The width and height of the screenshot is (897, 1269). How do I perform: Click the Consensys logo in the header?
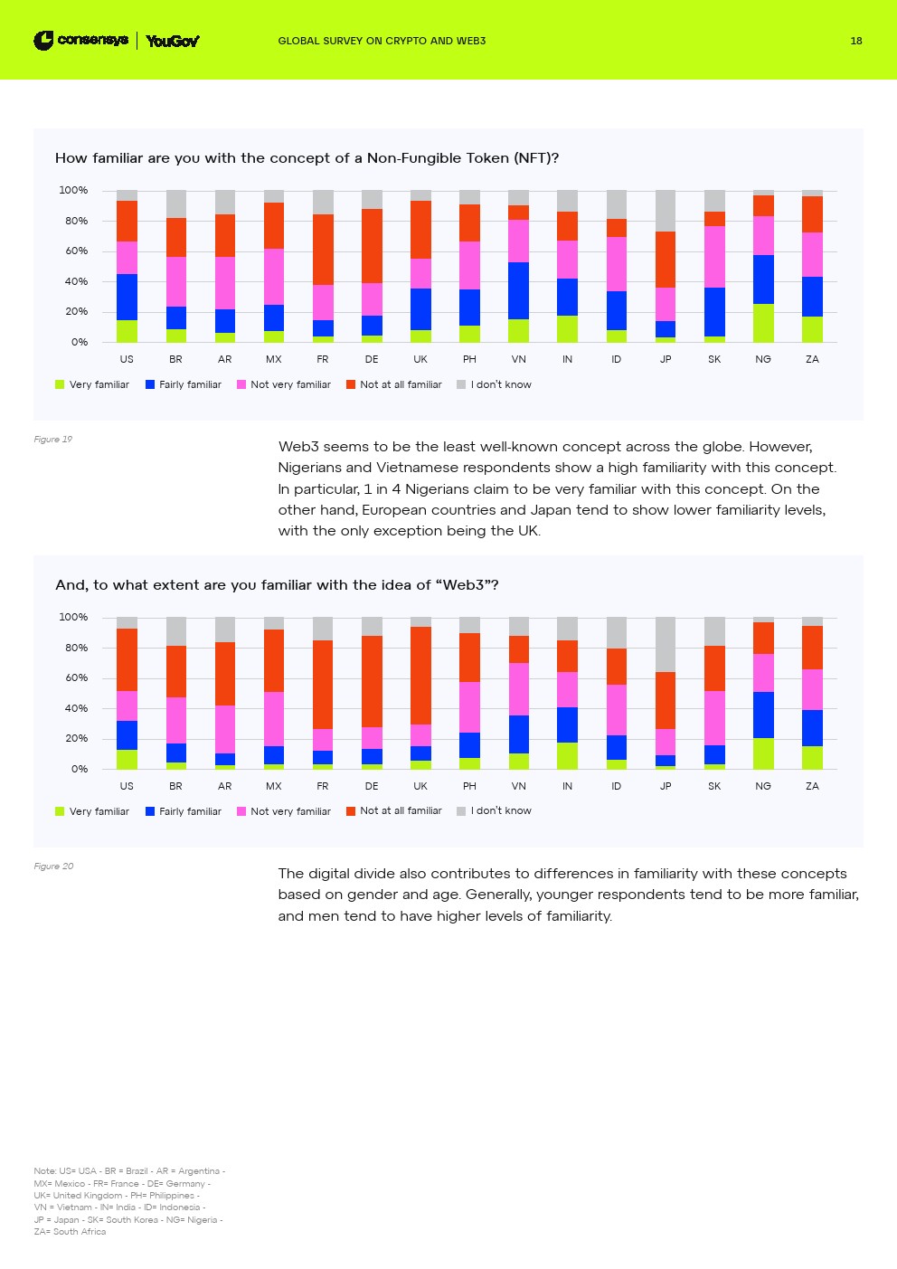coord(80,41)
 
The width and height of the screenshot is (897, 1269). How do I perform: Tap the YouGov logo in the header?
coord(172,41)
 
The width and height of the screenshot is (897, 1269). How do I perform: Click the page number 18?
coord(855,41)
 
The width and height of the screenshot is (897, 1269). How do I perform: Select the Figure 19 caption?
coord(52,440)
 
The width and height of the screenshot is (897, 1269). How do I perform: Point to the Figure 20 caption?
coord(53,867)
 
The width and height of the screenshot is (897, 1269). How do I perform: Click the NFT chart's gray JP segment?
coord(666,210)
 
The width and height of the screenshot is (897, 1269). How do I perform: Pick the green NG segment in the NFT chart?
coord(763,323)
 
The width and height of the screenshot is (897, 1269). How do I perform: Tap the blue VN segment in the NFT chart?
coord(518,290)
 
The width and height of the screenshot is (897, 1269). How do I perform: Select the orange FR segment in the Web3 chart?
coord(323,685)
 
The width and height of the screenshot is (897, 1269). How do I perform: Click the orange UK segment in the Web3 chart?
coord(420,676)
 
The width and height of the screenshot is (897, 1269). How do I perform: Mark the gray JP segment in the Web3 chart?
coord(666,644)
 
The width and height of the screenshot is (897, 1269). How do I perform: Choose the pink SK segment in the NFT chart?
coord(714,257)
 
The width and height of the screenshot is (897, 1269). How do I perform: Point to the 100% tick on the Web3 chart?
coord(73,618)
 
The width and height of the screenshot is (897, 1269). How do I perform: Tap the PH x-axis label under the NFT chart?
coord(469,360)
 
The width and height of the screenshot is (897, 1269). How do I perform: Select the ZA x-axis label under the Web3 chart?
coord(812,787)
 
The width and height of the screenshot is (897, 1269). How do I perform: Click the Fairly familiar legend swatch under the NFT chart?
coord(150,385)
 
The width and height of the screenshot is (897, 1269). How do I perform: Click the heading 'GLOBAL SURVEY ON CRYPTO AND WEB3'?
coord(382,41)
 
